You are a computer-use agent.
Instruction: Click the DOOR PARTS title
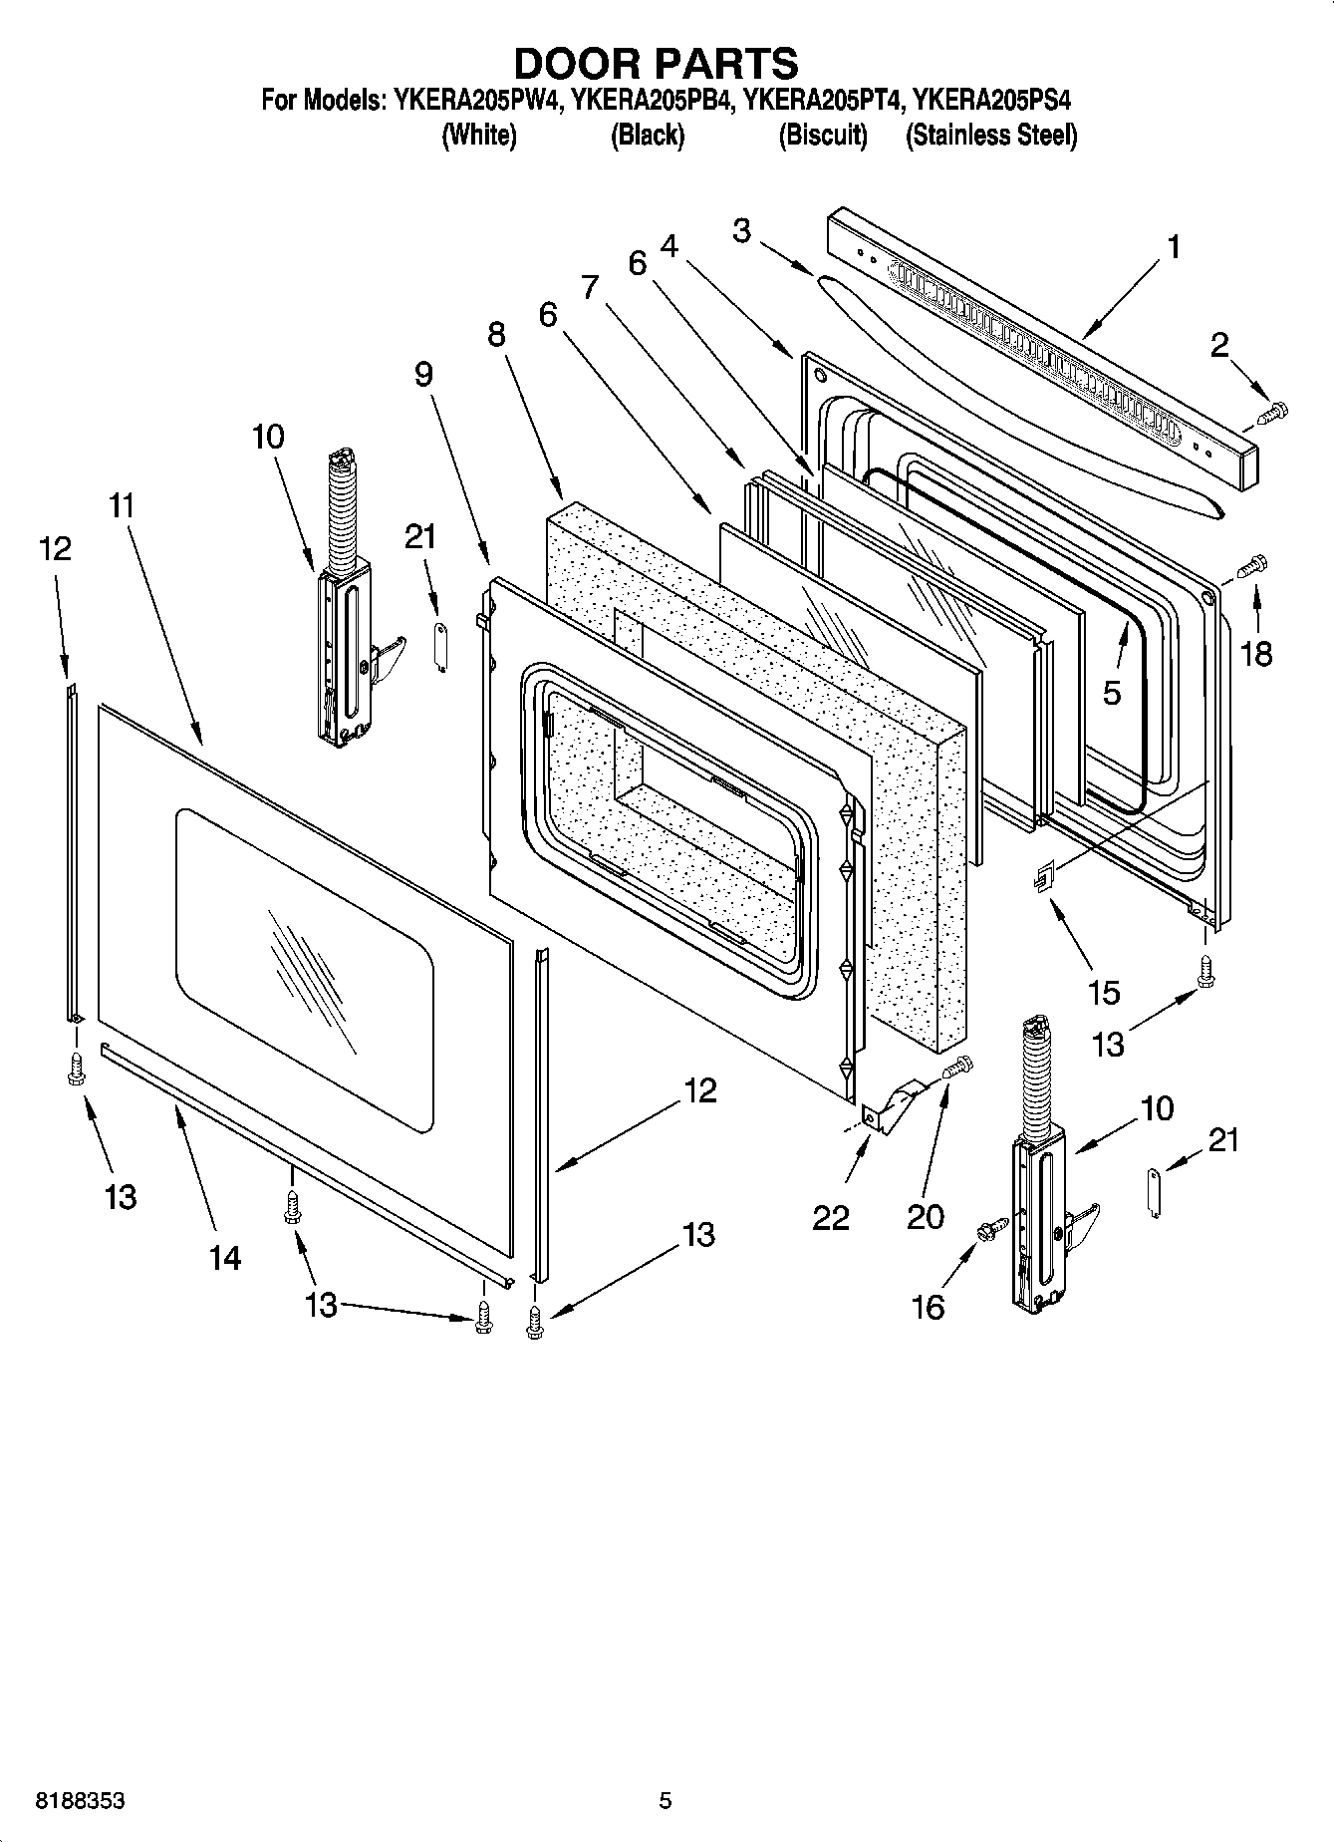click(656, 63)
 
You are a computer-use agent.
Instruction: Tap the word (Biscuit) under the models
click(822, 135)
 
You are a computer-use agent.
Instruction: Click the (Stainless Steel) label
click(990, 135)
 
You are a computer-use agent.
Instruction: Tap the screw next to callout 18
click(1250, 566)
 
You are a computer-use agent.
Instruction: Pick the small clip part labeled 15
click(1042, 879)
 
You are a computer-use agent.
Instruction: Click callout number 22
click(831, 1217)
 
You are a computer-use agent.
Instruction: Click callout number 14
click(225, 1258)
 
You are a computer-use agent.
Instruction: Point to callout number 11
click(121, 505)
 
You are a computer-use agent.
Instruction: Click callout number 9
click(423, 374)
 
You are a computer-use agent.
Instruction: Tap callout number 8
click(496, 334)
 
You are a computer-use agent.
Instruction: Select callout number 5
click(1112, 692)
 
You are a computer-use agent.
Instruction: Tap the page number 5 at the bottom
click(666, 1801)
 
